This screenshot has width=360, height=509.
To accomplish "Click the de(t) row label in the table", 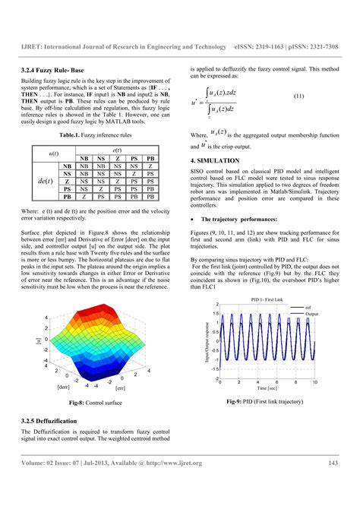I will click(x=45, y=181).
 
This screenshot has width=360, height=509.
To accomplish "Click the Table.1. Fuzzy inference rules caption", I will click(x=96, y=134).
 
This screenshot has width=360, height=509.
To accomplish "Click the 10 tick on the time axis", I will click(x=314, y=382).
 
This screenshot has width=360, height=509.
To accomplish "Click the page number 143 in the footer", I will click(x=333, y=463).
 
